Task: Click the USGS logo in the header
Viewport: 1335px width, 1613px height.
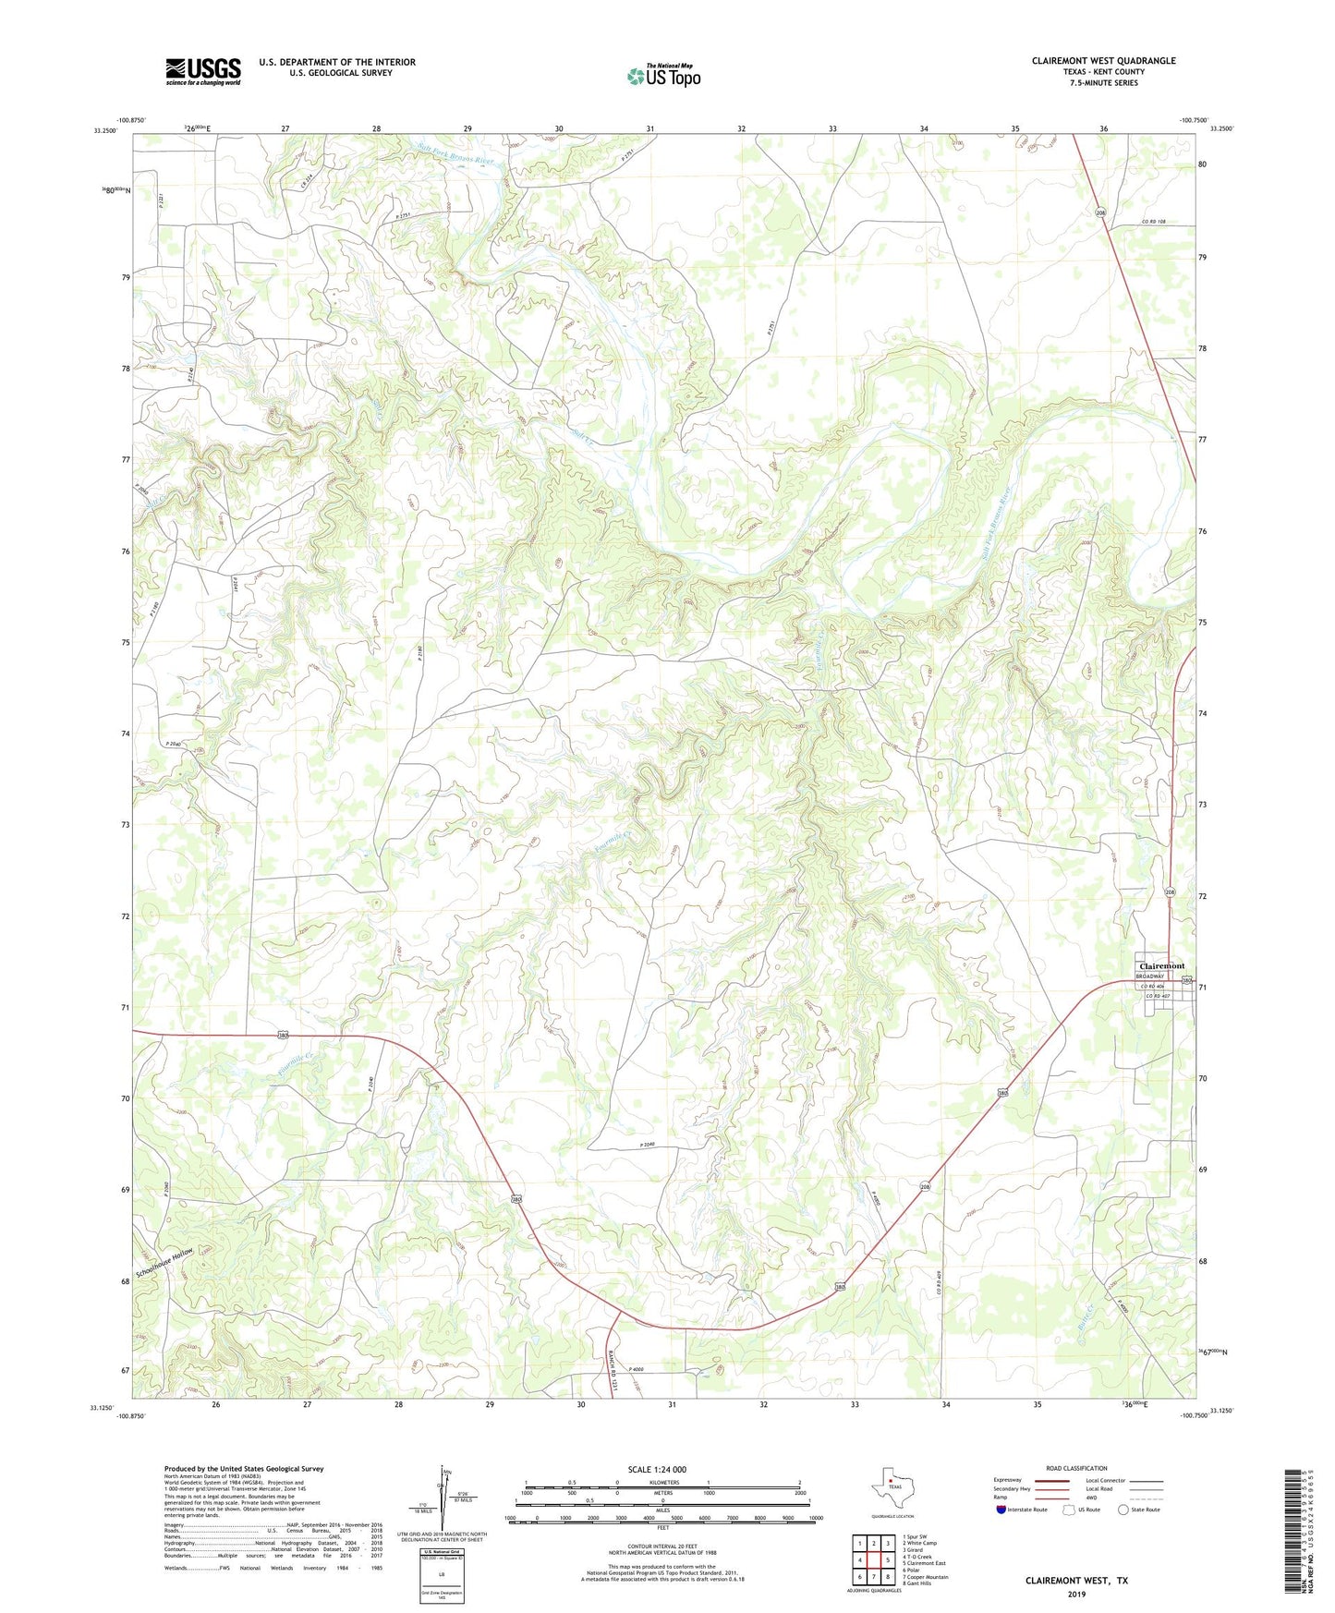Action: pyautogui.click(x=203, y=70)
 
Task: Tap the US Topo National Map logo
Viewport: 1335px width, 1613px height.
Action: pyautogui.click(x=663, y=75)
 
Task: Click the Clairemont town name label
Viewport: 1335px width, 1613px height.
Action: pyautogui.click(x=1161, y=965)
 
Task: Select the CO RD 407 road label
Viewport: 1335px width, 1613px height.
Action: pyautogui.click(x=1157, y=996)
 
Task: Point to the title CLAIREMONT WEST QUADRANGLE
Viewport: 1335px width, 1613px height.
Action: pyautogui.click(x=1103, y=60)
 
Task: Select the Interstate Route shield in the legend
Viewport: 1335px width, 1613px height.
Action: pyautogui.click(x=1001, y=1510)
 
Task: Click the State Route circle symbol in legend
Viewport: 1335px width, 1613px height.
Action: pyautogui.click(x=1123, y=1510)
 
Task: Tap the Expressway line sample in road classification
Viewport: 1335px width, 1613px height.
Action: pyautogui.click(x=1050, y=1481)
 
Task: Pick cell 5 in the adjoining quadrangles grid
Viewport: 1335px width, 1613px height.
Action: pyautogui.click(x=887, y=1559)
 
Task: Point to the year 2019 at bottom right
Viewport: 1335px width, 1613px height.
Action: pyautogui.click(x=1076, y=1594)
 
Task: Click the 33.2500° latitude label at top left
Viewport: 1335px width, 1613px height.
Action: pyautogui.click(x=105, y=130)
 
